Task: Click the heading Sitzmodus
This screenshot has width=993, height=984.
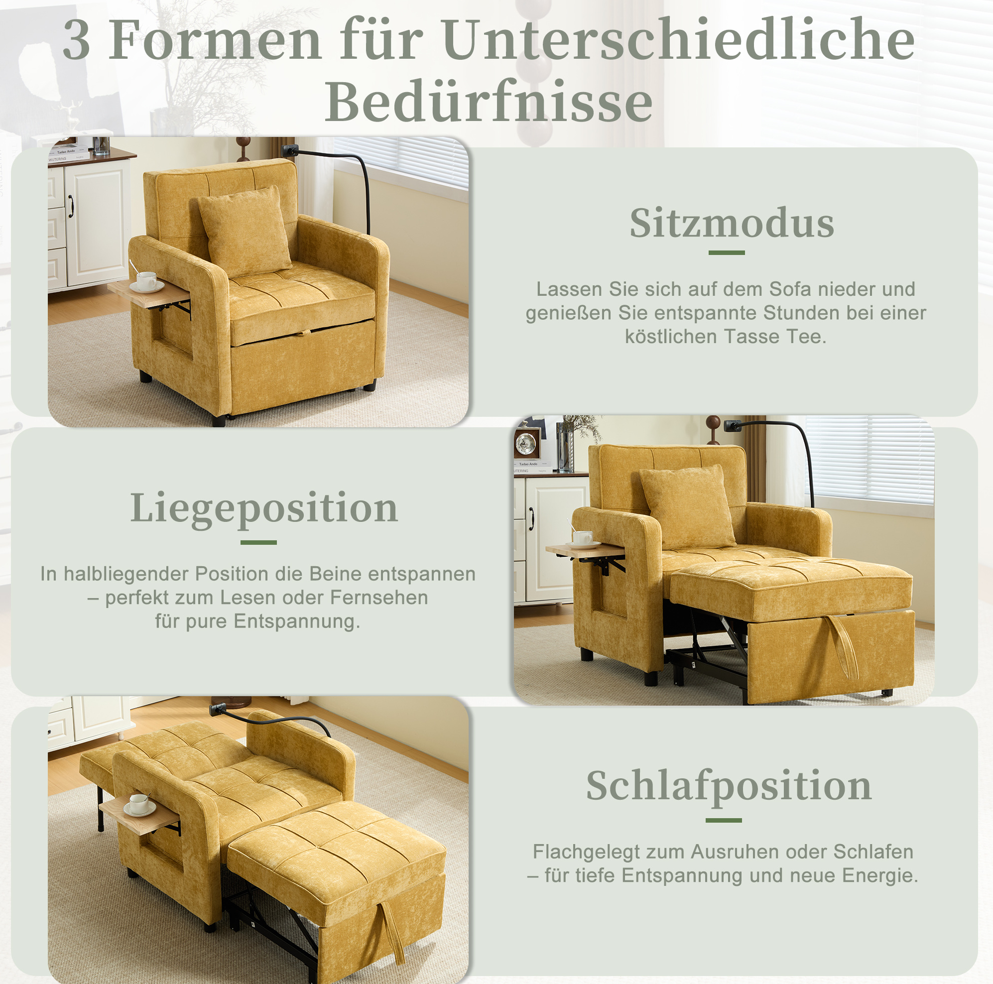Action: coord(732,224)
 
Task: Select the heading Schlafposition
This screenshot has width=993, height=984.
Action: coord(729,786)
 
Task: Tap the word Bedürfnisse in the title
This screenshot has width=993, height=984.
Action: coord(489,102)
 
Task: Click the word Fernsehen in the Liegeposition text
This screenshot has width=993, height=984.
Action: coord(379,598)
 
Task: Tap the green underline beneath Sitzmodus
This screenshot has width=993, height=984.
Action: coord(727,253)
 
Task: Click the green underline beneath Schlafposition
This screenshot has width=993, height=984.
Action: coord(724,821)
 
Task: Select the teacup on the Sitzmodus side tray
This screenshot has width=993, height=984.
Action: coord(146,280)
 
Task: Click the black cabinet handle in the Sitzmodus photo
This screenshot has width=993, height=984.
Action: coord(71,206)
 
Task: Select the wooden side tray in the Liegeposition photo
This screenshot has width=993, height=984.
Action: coord(586,551)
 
